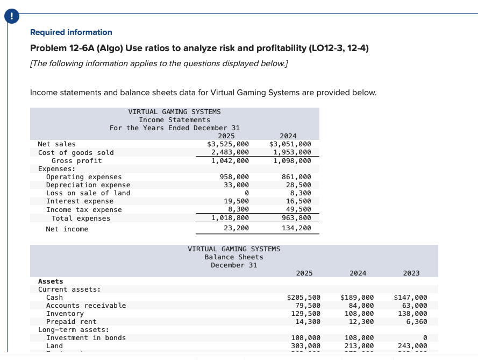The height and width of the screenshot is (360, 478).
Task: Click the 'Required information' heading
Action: [x=71, y=32]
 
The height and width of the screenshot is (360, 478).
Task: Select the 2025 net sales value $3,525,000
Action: [x=228, y=144]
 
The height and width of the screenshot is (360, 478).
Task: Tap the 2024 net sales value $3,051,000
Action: [x=290, y=144]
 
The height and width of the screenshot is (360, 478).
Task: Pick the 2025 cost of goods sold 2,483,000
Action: [x=230, y=152]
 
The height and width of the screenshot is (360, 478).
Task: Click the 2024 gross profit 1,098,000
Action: [x=292, y=160]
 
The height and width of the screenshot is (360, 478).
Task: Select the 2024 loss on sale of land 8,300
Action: [x=300, y=193]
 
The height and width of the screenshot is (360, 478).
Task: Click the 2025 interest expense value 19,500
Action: [x=236, y=201]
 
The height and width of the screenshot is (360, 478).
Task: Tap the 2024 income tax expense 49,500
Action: [x=298, y=210]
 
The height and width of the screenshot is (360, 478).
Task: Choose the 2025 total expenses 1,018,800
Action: [x=230, y=218]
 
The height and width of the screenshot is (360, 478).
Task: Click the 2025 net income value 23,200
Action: [x=236, y=229]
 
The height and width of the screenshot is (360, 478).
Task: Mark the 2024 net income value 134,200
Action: [x=296, y=229]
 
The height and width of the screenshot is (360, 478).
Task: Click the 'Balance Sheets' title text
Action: [x=234, y=257]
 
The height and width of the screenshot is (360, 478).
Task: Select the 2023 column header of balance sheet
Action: [x=411, y=273]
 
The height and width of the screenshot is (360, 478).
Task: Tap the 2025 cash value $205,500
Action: [x=304, y=298]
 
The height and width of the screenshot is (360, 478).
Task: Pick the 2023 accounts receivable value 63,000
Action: [x=415, y=306]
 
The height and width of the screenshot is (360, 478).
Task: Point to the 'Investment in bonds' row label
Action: [x=86, y=338]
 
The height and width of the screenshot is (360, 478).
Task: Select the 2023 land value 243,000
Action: [x=412, y=346]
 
